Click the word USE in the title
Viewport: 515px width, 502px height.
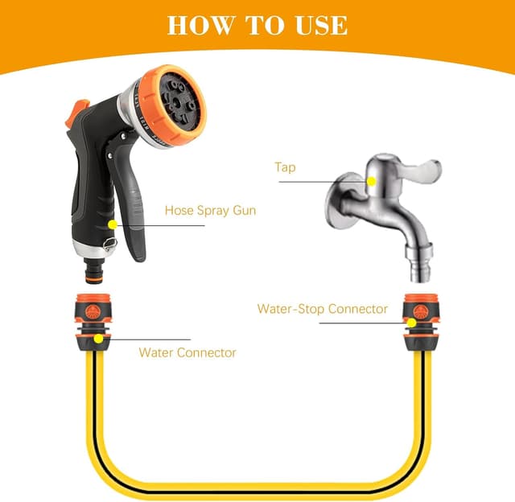[317, 24]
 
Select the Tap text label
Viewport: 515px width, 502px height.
[284, 167]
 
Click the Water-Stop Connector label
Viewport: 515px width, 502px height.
[322, 308]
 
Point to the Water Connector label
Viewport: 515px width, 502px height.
[187, 352]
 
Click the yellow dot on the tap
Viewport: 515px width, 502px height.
[371, 182]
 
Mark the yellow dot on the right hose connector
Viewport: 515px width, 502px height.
[410, 323]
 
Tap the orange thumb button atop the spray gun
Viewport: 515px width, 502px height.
[79, 113]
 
